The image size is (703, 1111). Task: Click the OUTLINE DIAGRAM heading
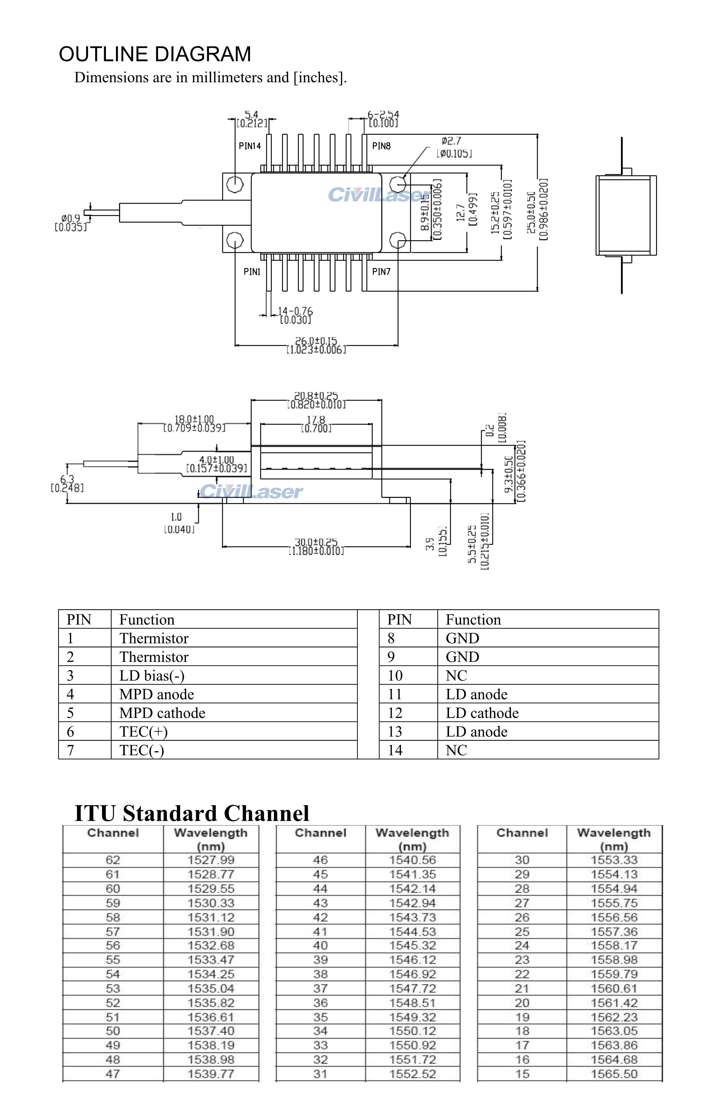click(155, 55)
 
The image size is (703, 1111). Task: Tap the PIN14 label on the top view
click(250, 146)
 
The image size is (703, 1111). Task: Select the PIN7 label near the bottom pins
click(381, 272)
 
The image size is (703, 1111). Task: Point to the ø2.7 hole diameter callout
click(451, 141)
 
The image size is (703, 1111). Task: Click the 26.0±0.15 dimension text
click(316, 341)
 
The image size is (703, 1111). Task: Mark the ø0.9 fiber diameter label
click(71, 218)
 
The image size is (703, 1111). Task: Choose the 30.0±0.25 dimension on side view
click(316, 542)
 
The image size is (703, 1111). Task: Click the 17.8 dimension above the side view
click(316, 420)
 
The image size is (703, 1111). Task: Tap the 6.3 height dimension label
click(67, 480)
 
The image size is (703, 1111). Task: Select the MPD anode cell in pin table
click(157, 694)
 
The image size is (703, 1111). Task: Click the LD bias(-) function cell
click(152, 676)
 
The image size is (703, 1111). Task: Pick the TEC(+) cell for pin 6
click(143, 732)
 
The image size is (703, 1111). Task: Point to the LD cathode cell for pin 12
click(482, 713)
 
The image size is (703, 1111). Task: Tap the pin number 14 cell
click(395, 751)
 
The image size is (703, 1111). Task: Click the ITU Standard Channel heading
click(192, 813)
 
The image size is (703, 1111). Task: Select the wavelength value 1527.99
click(211, 860)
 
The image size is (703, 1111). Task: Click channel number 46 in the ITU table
click(320, 860)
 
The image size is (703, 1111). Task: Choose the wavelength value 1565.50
click(614, 1074)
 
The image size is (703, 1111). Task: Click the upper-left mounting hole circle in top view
click(235, 184)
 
